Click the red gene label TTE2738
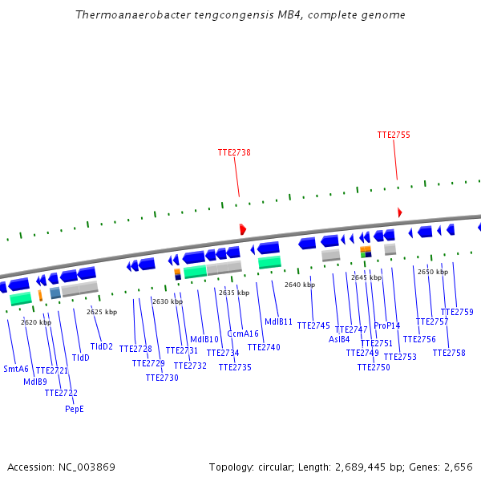234,152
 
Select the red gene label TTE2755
394,135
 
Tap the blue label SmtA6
16,370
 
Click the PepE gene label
75,409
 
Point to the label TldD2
102,347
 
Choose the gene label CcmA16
243,334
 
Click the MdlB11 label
279,322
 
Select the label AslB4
339,339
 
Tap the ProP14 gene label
387,326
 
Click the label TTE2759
457,313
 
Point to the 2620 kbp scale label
36,322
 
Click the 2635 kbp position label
234,293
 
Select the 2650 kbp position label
433,272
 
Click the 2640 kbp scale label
300,285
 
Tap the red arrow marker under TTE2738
242,229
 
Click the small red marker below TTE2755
399,212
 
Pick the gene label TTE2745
313,326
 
